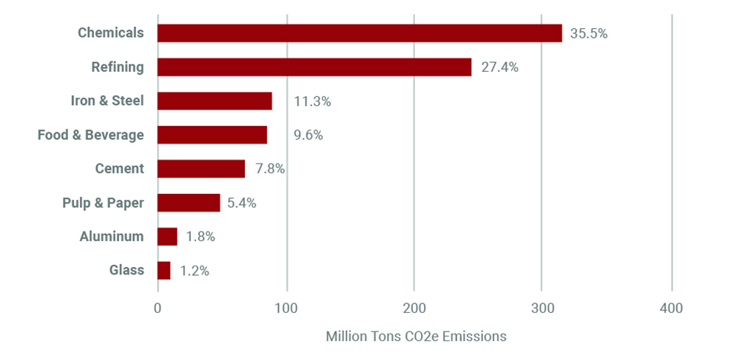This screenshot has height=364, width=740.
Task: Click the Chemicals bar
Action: point(360,33)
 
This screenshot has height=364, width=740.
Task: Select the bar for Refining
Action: point(314,67)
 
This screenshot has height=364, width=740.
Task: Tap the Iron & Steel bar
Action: point(215,101)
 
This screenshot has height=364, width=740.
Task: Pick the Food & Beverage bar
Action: point(212,135)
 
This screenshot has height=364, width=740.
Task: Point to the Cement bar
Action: point(201,169)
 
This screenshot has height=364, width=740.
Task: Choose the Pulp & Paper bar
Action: point(189,203)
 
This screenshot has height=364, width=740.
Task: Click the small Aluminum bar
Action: point(167,237)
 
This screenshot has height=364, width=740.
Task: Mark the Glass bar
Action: point(164,271)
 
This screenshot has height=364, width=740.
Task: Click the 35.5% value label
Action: point(588,33)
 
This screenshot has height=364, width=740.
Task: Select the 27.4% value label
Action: point(499,67)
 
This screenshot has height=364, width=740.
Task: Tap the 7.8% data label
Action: point(270,169)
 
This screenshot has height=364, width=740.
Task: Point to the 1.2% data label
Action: point(195,271)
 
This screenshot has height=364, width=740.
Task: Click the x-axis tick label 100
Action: point(286,307)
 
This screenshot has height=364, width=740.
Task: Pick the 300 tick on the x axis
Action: point(542,307)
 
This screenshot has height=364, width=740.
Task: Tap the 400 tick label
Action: point(671,307)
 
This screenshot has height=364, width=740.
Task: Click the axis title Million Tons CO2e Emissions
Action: point(416,337)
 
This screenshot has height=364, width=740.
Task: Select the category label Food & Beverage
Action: point(91,135)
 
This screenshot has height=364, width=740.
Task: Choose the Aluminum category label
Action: point(112,237)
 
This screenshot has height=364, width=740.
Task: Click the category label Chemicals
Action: point(111,33)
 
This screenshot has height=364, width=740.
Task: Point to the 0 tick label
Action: point(158,307)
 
